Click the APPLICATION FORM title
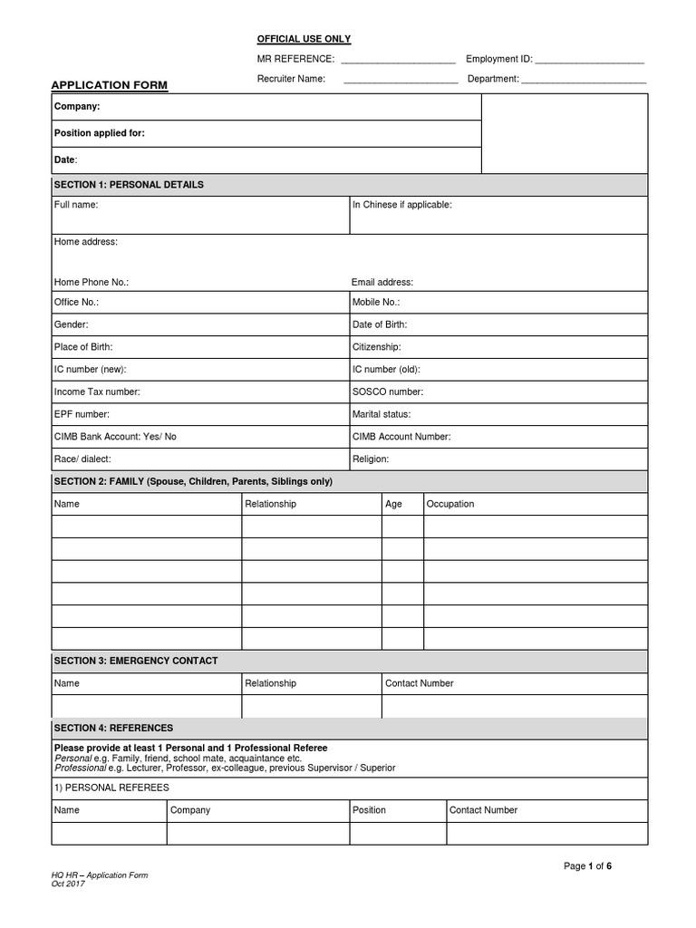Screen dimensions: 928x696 point(109,85)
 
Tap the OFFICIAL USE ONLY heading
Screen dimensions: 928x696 point(304,39)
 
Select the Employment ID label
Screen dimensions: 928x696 point(498,59)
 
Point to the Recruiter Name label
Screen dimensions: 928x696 point(291,79)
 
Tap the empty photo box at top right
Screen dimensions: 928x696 point(564,133)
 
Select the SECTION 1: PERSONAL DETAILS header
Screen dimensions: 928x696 point(129,185)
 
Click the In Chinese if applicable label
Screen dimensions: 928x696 point(401,205)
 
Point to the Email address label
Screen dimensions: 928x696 point(382,283)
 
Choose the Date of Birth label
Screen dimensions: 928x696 point(380,324)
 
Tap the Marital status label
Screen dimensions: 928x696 point(382,414)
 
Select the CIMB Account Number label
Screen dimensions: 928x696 point(401,437)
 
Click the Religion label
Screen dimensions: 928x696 point(371,459)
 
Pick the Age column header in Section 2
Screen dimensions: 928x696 point(393,504)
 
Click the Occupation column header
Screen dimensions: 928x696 point(450,504)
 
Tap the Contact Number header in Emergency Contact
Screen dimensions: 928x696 point(420,683)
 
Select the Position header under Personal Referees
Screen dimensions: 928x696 point(369,810)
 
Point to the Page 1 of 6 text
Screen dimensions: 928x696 point(588,866)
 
